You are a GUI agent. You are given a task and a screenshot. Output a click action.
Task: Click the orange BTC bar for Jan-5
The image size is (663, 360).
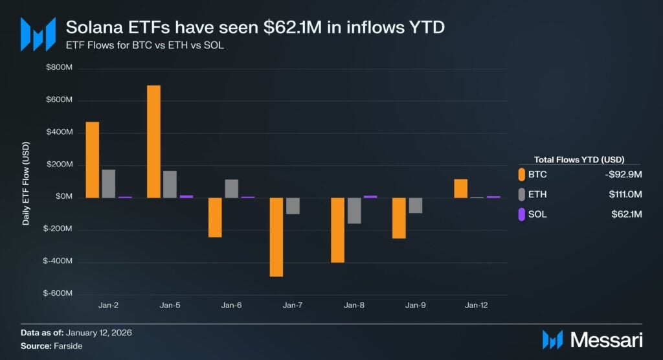click(x=153, y=141)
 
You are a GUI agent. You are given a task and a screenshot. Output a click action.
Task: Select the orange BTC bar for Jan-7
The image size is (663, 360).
click(x=276, y=237)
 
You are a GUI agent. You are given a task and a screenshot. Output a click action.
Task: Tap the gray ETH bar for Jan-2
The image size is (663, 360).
click(x=108, y=183)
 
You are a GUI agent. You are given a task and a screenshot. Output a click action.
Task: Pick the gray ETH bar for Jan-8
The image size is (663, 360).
click(x=354, y=210)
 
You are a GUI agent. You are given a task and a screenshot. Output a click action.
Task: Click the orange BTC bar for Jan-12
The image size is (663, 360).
click(x=460, y=188)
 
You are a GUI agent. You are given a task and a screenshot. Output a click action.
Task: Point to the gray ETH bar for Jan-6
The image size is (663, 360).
click(x=231, y=188)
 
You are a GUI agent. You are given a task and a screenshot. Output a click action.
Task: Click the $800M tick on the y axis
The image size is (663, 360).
click(x=59, y=68)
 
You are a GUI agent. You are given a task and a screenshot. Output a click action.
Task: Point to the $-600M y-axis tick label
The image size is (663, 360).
click(x=58, y=293)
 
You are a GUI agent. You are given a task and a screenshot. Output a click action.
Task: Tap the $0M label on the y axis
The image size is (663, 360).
click(x=63, y=197)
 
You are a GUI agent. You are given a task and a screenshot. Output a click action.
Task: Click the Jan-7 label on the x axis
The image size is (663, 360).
click(x=293, y=304)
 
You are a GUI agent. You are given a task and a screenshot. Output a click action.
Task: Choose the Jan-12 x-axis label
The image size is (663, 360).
click(x=477, y=304)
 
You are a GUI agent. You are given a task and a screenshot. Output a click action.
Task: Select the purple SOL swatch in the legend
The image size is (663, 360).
click(x=521, y=214)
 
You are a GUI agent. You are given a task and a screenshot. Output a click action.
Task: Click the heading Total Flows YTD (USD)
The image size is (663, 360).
click(x=578, y=159)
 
